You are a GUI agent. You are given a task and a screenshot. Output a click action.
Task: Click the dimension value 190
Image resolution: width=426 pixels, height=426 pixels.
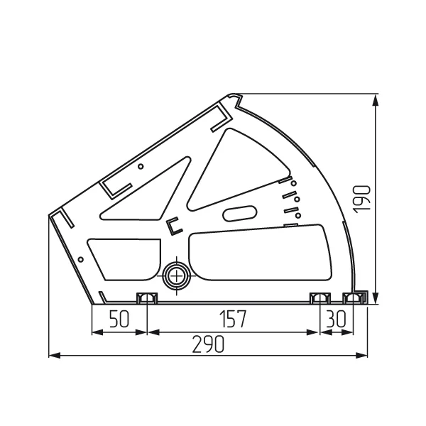coord(362,199)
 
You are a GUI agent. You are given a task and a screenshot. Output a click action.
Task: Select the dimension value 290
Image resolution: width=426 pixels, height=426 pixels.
coord(208,344)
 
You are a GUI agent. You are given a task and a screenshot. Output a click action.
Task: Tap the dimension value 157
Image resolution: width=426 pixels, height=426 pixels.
coord(233,319)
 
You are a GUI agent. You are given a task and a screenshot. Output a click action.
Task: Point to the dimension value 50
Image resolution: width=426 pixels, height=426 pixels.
coord(119,319)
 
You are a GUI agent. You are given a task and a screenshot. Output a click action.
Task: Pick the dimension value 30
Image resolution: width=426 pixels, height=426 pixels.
coord(336,319)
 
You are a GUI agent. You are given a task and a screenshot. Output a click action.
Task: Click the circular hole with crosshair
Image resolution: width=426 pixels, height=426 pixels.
coord(177,276)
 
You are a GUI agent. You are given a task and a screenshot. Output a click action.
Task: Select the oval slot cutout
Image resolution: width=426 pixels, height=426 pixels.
coord(239,213)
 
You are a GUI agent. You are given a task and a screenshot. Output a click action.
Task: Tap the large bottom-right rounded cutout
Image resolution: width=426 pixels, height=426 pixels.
coord(261,253)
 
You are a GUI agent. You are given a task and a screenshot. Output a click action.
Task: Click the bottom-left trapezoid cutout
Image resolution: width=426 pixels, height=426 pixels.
coord(124,259)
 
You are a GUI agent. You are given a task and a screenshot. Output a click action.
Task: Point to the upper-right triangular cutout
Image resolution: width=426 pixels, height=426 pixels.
coord(239,170)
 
